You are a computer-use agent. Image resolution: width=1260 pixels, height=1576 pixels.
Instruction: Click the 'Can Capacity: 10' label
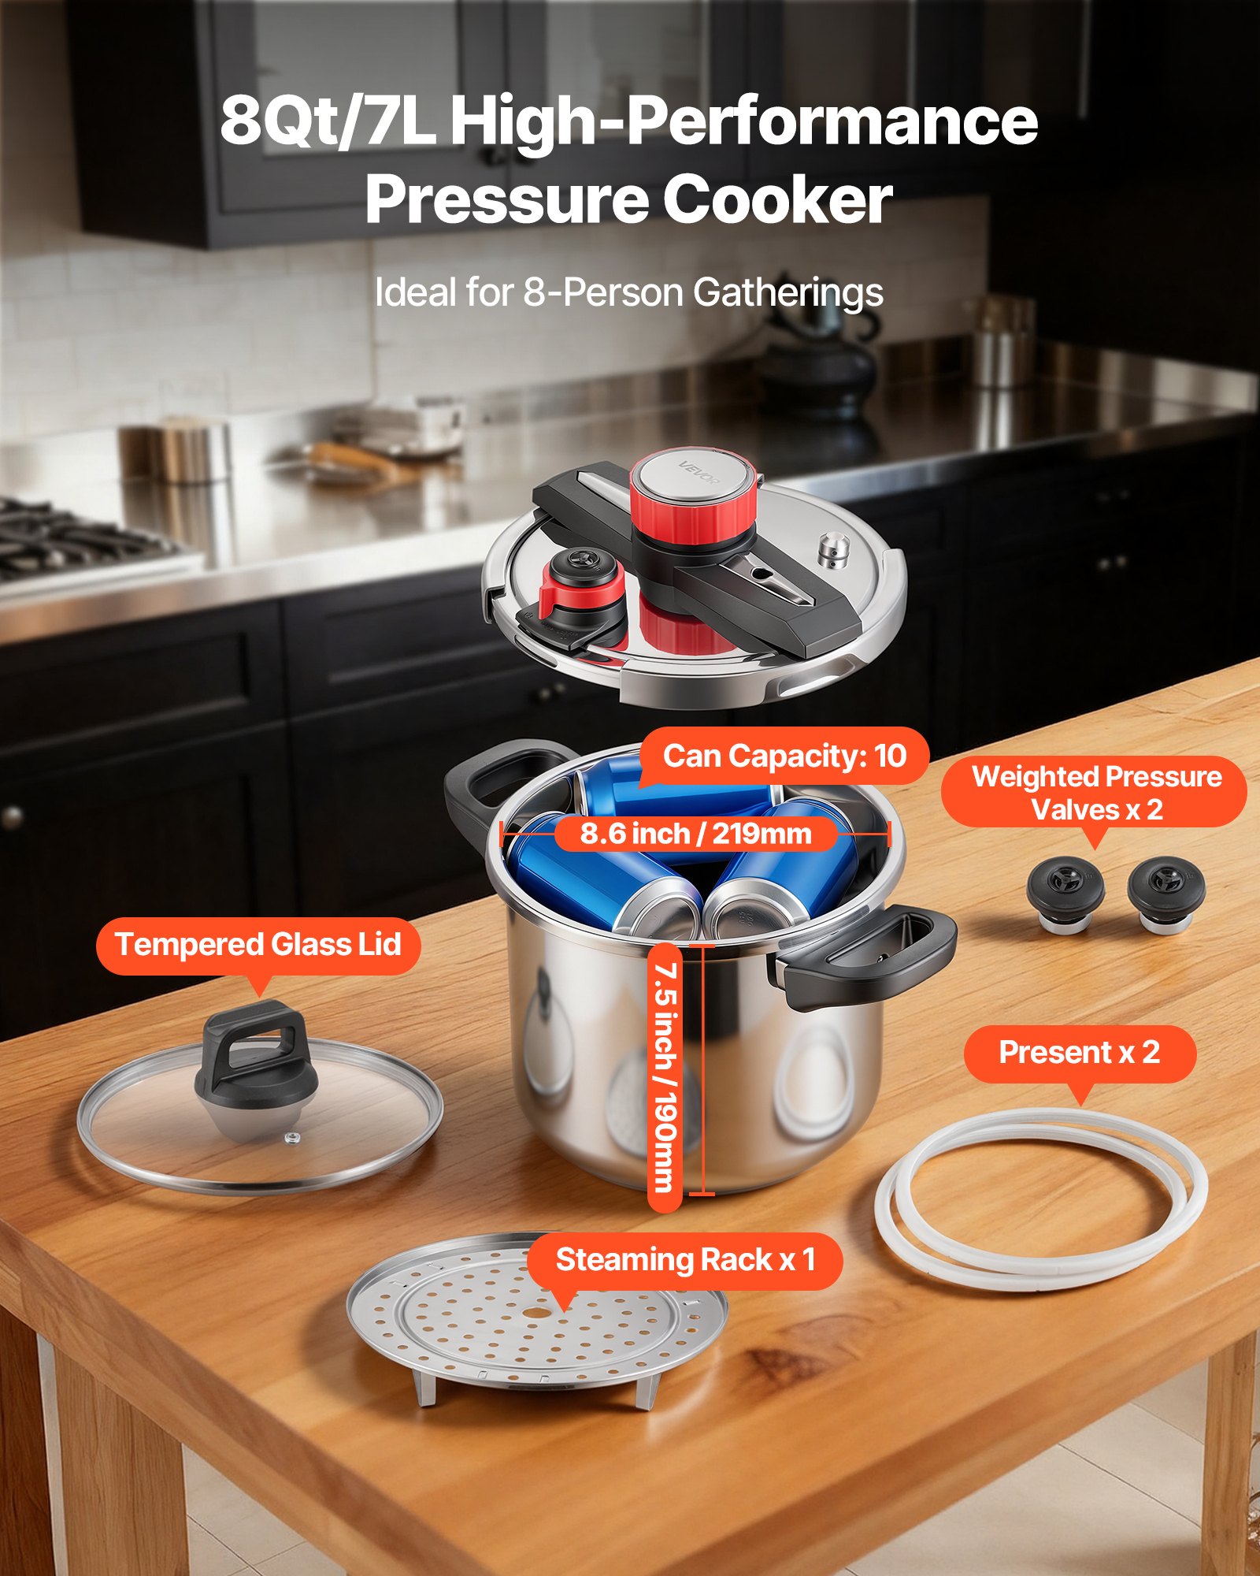point(784,756)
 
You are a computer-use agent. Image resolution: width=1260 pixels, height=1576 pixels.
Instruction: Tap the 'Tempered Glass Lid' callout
point(258,945)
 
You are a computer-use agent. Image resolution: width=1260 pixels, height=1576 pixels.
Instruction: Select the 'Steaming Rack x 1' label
point(685,1259)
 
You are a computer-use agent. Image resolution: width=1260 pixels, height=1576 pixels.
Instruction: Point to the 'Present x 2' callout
point(1079,1053)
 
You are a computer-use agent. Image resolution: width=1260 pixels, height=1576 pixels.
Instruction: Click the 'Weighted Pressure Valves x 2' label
point(1096,793)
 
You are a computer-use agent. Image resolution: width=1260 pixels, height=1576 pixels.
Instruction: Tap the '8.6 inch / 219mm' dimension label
point(695,834)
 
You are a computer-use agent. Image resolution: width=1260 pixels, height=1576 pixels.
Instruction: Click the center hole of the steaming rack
point(536,1313)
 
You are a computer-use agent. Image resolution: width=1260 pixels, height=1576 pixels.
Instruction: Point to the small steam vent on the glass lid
point(292,1138)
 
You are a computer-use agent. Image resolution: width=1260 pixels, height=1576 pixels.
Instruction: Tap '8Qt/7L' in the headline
point(327,122)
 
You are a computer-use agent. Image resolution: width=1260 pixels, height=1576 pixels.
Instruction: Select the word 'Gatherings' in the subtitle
point(787,293)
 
